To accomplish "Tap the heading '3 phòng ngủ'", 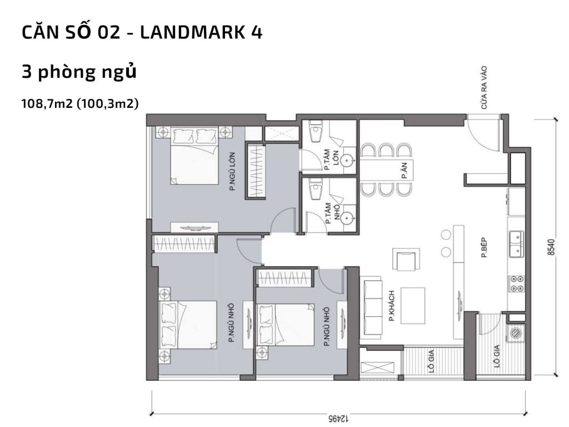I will pyautogui.click(x=79, y=72).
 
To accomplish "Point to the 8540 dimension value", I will pyautogui.click(x=550, y=246).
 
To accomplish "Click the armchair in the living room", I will pyautogui.click(x=405, y=260).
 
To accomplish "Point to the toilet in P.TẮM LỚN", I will pyautogui.click(x=315, y=134).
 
